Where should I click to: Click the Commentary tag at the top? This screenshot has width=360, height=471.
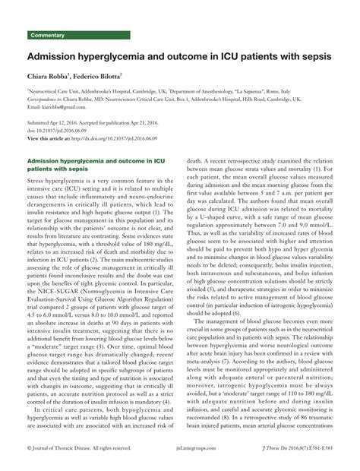pos(47,36)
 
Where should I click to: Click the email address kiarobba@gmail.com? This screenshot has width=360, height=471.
pos(67,107)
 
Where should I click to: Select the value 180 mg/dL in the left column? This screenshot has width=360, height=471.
pos(150,226)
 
